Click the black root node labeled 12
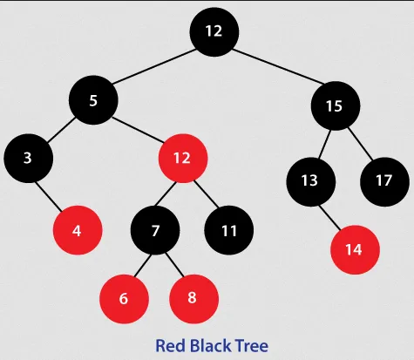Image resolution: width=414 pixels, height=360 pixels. [214, 31]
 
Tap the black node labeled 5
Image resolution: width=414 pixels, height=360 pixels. [94, 99]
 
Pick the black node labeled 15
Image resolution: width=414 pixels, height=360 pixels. [336, 106]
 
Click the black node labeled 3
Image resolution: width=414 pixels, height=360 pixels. [28, 158]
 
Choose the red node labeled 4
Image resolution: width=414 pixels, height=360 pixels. [78, 231]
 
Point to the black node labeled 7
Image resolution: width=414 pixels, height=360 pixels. [156, 231]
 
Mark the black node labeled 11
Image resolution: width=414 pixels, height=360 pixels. [229, 231]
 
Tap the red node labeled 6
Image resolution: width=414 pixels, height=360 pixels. [124, 297]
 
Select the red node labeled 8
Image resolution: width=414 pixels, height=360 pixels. [193, 296]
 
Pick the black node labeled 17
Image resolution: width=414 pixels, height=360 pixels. [384, 180]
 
